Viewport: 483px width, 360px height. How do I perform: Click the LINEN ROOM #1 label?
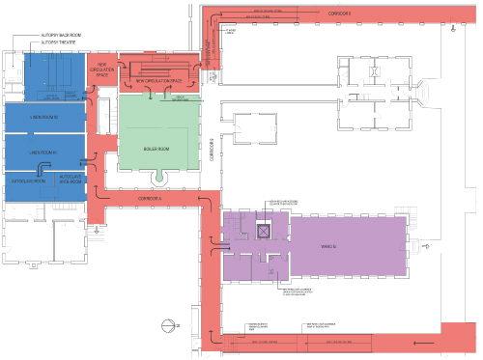tap(44, 152)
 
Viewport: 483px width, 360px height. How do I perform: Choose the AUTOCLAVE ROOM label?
tap(29, 180)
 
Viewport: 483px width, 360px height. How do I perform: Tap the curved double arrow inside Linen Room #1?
tap(86, 160)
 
